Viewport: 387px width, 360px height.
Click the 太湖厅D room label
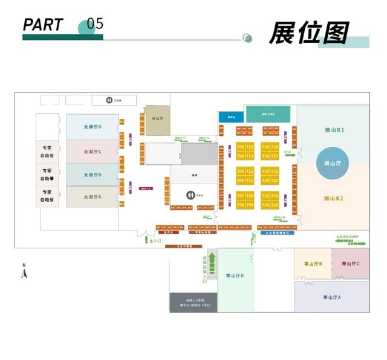coord(93,127)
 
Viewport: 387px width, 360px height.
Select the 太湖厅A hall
coord(93,197)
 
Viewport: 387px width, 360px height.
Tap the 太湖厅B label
coord(93,175)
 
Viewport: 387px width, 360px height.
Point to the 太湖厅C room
coord(93,152)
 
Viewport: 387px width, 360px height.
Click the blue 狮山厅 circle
coord(333,163)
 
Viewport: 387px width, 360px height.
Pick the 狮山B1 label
coord(334,130)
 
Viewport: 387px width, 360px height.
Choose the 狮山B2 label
coord(334,198)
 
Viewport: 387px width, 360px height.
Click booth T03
coord(241,147)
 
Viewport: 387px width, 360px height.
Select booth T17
coord(275,156)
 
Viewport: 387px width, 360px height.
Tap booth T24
coord(265,205)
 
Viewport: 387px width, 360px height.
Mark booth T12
coord(250,171)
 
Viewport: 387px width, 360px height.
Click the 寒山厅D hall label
coord(235,275)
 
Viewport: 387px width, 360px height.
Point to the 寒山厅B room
coord(313,264)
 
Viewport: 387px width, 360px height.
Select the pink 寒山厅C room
coord(351,264)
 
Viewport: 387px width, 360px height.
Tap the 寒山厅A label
coord(332,297)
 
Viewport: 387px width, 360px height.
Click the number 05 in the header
coord(95,24)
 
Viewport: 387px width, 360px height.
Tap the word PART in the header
coord(43,25)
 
